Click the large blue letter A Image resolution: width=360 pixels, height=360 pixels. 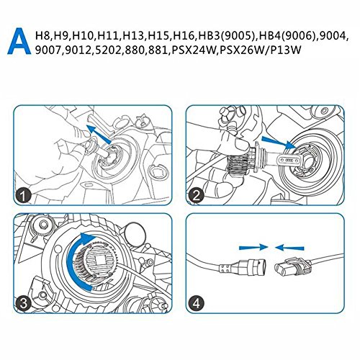pyautogui.click(x=19, y=41)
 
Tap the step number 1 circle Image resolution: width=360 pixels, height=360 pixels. pyautogui.click(x=23, y=197)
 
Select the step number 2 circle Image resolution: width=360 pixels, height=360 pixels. pyautogui.click(x=196, y=196)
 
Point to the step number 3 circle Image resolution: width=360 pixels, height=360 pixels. pyautogui.click(x=23, y=304)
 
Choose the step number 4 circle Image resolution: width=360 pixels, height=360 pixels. pyautogui.click(x=197, y=303)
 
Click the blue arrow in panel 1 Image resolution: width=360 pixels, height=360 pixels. pyautogui.click(x=99, y=134)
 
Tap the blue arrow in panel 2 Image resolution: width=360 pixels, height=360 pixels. pyautogui.click(x=279, y=143)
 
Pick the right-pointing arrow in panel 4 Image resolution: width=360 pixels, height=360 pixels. pyautogui.click(x=253, y=247)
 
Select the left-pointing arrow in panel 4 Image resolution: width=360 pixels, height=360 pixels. pyautogui.click(x=289, y=248)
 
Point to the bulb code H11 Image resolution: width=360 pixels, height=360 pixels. pyautogui.click(x=109, y=36)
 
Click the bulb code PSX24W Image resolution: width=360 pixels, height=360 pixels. pyautogui.click(x=192, y=50)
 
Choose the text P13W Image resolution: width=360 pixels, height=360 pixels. pyautogui.click(x=287, y=50)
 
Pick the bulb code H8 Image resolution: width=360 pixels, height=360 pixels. pyautogui.click(x=42, y=36)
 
